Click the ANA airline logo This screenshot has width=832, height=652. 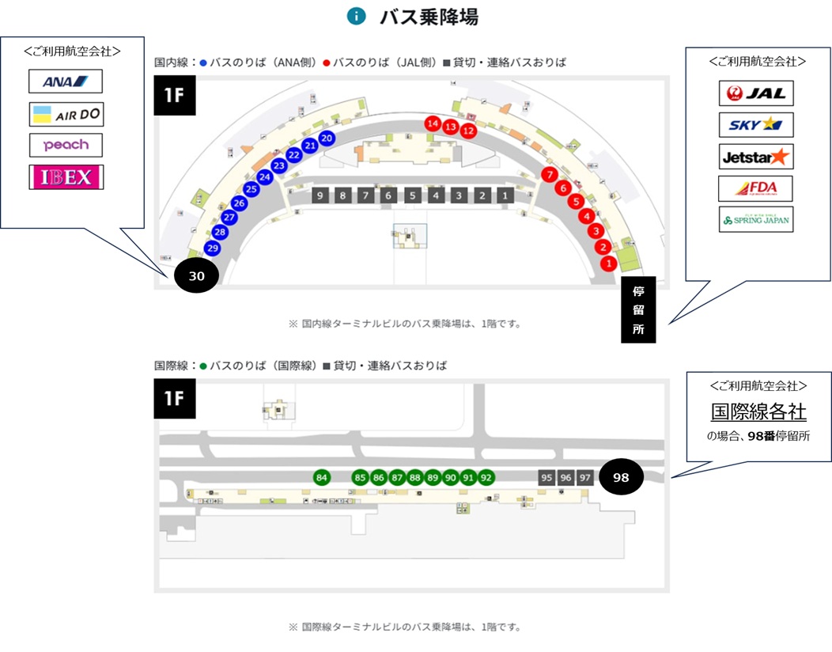point(66,81)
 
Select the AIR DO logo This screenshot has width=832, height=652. point(66,115)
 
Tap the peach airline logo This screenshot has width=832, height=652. point(66,145)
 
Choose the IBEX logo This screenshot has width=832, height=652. point(66,177)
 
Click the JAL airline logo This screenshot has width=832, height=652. point(756,93)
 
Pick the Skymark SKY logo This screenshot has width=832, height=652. point(756,125)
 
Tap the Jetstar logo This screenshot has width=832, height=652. point(756,157)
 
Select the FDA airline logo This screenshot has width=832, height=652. point(755,188)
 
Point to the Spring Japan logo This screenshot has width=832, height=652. point(755,219)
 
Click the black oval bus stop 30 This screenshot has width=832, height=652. point(196,276)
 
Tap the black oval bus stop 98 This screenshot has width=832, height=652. point(621,478)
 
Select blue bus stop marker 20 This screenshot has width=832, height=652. point(326,138)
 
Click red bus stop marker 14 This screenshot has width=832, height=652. point(433,123)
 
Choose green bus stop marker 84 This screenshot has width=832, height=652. point(321,478)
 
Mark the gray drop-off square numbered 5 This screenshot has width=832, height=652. point(412,195)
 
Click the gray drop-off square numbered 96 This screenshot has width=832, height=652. point(565,478)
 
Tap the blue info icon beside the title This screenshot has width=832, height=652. point(357,16)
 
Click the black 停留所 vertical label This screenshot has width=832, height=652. point(638,309)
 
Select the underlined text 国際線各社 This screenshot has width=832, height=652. point(758,411)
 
